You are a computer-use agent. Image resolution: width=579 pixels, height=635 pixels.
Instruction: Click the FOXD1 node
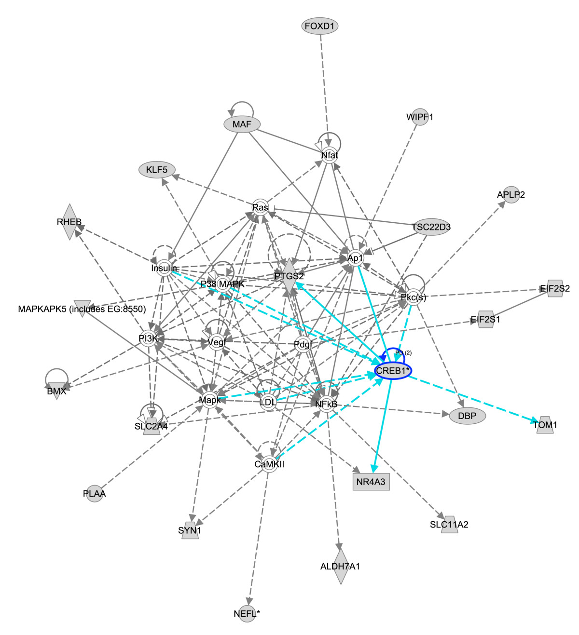319,26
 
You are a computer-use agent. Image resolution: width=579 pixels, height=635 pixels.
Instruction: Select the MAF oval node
242,124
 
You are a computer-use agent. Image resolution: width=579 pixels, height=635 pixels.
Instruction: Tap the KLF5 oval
157,170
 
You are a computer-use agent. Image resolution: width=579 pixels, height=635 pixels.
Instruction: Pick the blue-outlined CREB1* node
393,370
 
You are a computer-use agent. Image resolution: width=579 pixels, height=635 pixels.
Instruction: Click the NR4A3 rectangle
371,482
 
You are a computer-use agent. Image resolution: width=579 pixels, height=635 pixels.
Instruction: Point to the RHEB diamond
69,222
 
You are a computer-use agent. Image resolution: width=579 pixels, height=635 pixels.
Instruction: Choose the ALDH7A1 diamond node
340,566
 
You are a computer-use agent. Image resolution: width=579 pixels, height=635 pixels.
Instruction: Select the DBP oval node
467,416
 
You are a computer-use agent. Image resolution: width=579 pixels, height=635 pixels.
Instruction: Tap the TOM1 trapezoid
545,425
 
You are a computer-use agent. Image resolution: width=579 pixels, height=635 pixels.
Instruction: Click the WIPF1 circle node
420,117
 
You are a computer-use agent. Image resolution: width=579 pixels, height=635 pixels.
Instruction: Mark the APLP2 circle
511,195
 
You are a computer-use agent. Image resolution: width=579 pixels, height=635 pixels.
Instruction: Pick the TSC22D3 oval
431,227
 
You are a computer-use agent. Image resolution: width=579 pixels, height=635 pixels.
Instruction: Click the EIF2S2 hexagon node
555,288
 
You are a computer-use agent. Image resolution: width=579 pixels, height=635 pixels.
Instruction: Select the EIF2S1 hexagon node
485,319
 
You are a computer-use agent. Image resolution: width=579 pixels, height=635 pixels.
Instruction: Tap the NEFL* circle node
247,614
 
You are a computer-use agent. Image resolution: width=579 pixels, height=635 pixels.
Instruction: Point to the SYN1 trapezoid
190,530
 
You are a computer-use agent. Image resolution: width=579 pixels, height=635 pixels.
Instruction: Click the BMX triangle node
57,391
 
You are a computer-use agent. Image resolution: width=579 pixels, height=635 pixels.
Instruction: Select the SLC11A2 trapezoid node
449,525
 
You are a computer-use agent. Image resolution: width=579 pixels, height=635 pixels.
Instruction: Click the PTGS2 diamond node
289,276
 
